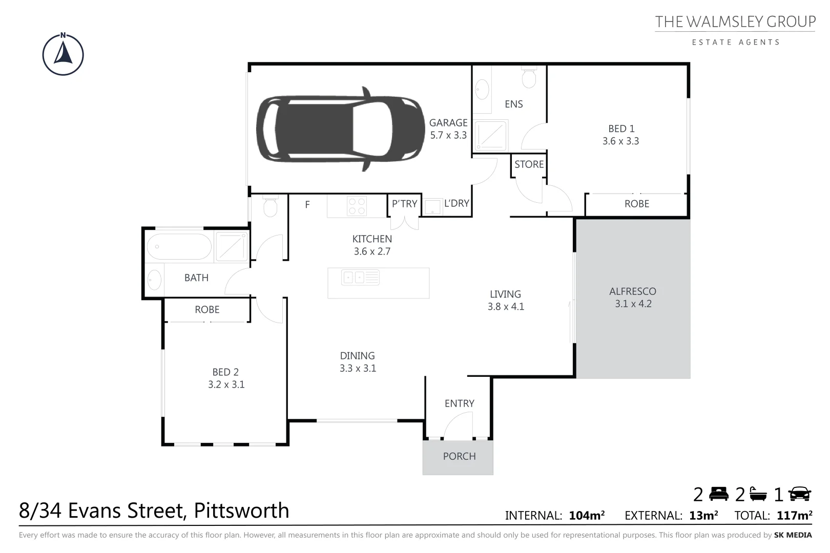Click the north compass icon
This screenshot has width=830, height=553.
click(63, 55)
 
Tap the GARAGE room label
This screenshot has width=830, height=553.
click(448, 123)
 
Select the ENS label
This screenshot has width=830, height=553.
click(513, 104)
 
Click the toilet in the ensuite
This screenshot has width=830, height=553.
click(529, 77)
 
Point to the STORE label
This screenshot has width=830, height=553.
click(529, 164)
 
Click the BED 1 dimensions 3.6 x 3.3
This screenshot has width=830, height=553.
click(620, 141)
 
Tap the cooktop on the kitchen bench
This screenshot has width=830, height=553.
click(357, 206)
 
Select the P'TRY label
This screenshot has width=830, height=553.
click(404, 204)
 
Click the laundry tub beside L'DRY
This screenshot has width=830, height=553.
click(432, 207)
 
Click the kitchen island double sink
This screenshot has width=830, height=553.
click(360, 278)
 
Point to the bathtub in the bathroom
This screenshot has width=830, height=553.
click(179, 246)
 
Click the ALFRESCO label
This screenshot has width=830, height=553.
click(632, 291)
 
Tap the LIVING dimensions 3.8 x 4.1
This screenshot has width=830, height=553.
click(506, 307)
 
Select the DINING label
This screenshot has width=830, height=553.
click(357, 356)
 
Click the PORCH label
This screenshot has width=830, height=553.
click(459, 456)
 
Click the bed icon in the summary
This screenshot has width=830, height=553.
click(719, 494)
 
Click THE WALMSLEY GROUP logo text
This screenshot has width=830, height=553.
click(735, 22)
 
